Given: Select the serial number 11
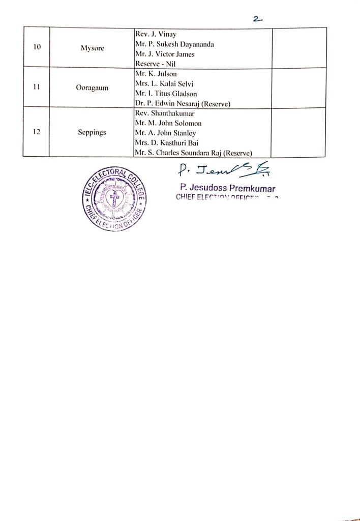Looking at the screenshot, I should pyautogui.click(x=37, y=87).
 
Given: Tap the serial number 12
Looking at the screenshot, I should pyautogui.click(x=37, y=132).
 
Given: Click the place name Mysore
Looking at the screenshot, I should pyautogui.click(x=92, y=48).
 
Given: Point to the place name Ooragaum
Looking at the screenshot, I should pyautogui.click(x=92, y=88).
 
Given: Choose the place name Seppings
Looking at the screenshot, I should pyautogui.click(x=92, y=133).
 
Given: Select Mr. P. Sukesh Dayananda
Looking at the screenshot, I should pyautogui.click(x=174, y=44).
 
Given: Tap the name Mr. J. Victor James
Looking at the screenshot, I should pyautogui.click(x=165, y=54).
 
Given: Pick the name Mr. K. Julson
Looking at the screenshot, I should pyautogui.click(x=156, y=74).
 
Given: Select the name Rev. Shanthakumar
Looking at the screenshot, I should pyautogui.click(x=162, y=113).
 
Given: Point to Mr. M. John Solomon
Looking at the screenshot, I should pyautogui.click(x=168, y=123).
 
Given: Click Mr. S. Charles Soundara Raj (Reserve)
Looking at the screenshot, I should pyautogui.click(x=194, y=153).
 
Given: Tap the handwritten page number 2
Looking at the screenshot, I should pyautogui.click(x=257, y=19).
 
